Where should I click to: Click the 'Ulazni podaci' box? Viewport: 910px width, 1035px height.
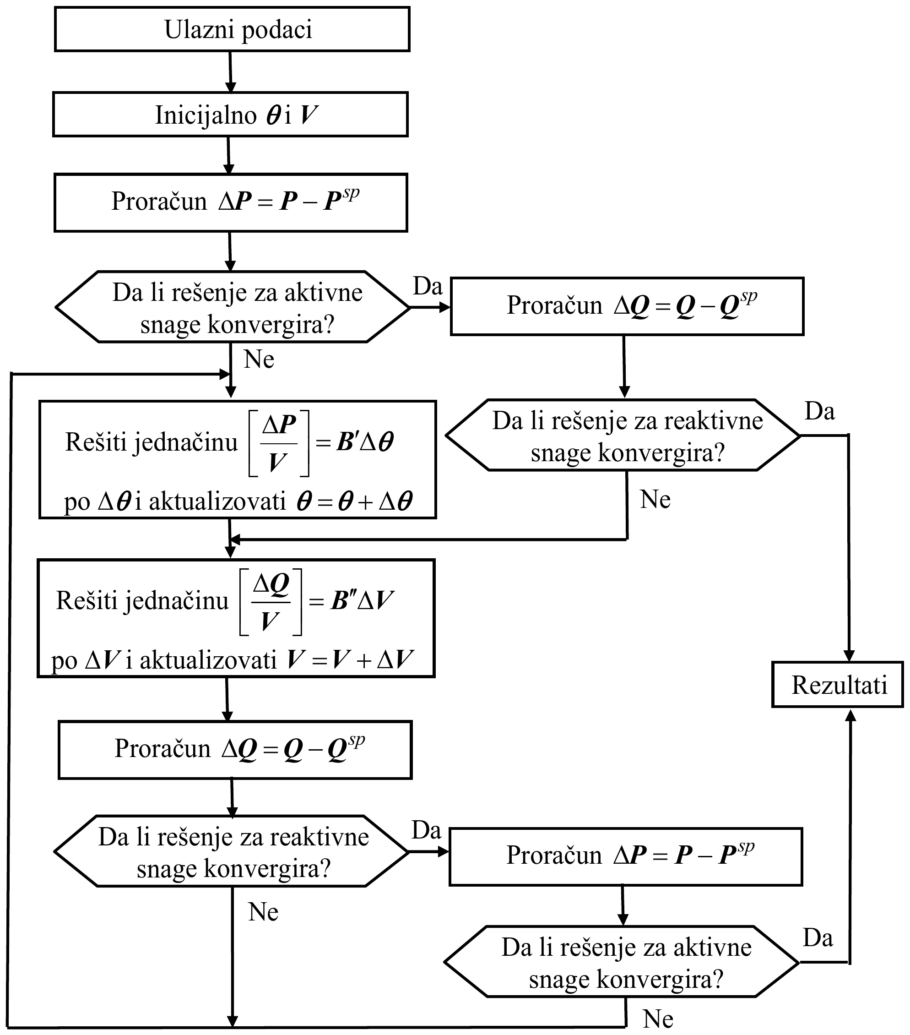(x=232, y=29)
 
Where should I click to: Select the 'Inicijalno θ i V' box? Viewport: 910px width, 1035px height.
(x=230, y=114)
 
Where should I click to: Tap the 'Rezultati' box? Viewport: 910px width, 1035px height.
(x=838, y=685)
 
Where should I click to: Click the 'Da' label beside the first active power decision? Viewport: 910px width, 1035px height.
(x=428, y=286)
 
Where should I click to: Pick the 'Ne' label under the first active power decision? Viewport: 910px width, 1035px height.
(x=259, y=359)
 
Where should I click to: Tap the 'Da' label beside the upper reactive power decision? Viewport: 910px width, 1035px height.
(x=820, y=411)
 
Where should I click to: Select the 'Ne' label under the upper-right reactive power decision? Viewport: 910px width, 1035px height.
(x=655, y=499)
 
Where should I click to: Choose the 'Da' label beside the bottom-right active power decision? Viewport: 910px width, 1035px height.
(x=818, y=938)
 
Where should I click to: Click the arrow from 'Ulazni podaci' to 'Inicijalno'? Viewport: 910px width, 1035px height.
(x=230, y=72)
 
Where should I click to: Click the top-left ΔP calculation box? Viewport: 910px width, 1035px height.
(x=231, y=202)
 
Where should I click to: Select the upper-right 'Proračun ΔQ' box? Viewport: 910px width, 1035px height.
(x=627, y=306)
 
